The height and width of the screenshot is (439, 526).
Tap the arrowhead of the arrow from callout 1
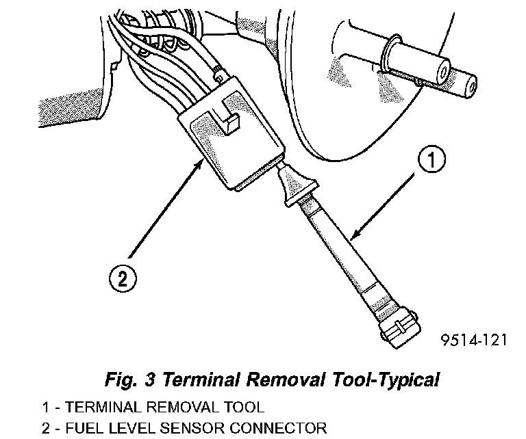coord(351,237)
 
